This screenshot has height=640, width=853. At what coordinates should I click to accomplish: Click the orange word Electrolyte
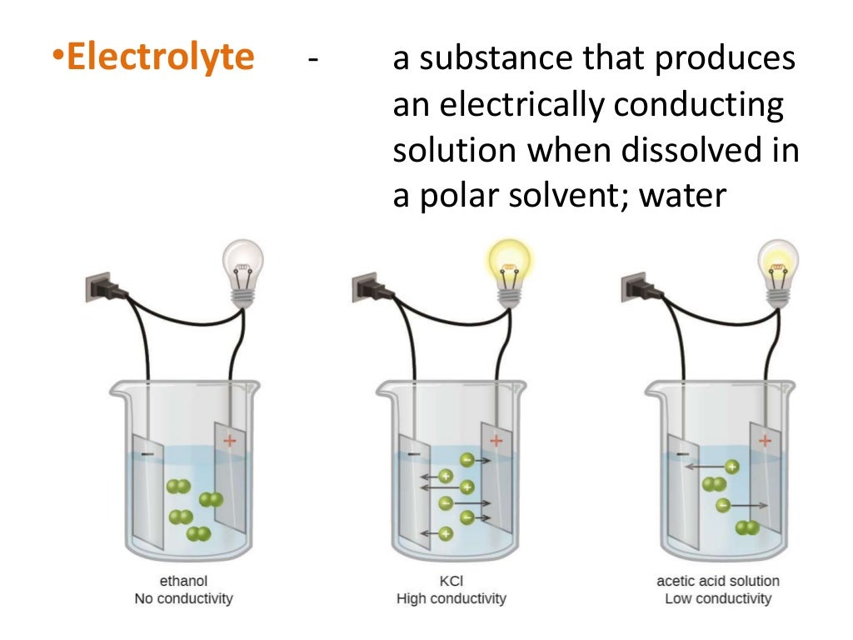(160, 57)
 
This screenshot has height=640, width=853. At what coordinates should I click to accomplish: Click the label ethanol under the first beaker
(183, 581)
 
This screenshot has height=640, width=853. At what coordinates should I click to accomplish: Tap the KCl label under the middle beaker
(451, 581)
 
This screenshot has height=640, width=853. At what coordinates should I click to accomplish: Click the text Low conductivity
(718, 598)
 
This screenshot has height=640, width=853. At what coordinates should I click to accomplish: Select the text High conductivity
(451, 598)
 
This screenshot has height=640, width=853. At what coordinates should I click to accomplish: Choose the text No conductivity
(183, 598)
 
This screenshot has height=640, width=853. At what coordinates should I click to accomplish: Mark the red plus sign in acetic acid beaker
(765, 439)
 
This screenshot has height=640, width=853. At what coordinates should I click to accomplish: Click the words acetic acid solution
(718, 581)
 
